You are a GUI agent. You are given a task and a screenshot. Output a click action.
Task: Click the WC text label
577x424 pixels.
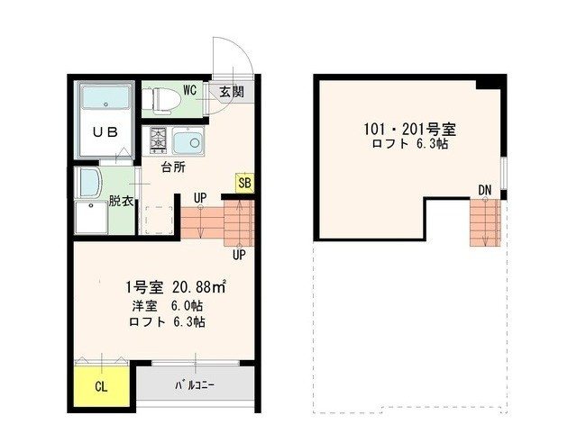[x=190, y=89]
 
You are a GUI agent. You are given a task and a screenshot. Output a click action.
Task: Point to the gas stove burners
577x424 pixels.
[x=158, y=140]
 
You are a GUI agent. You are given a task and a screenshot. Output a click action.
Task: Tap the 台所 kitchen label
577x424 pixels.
[x=173, y=167]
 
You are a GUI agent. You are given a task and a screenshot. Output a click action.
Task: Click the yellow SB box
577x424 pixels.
[x=243, y=183]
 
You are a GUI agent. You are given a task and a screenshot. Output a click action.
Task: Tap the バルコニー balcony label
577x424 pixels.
[x=193, y=387]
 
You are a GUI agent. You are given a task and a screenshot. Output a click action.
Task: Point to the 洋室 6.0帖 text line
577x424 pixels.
[x=166, y=305]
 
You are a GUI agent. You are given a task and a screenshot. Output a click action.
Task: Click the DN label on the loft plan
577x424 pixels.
[x=485, y=190]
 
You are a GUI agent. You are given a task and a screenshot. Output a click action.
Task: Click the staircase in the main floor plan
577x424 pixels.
[x=217, y=221]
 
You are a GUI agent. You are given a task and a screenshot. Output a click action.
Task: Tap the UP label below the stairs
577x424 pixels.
[x=239, y=255]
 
